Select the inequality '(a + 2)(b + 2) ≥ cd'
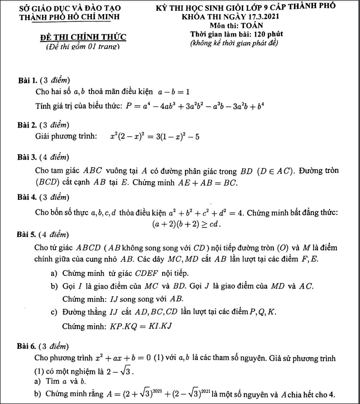point(187,223)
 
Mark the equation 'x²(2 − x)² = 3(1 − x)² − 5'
point(155,137)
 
